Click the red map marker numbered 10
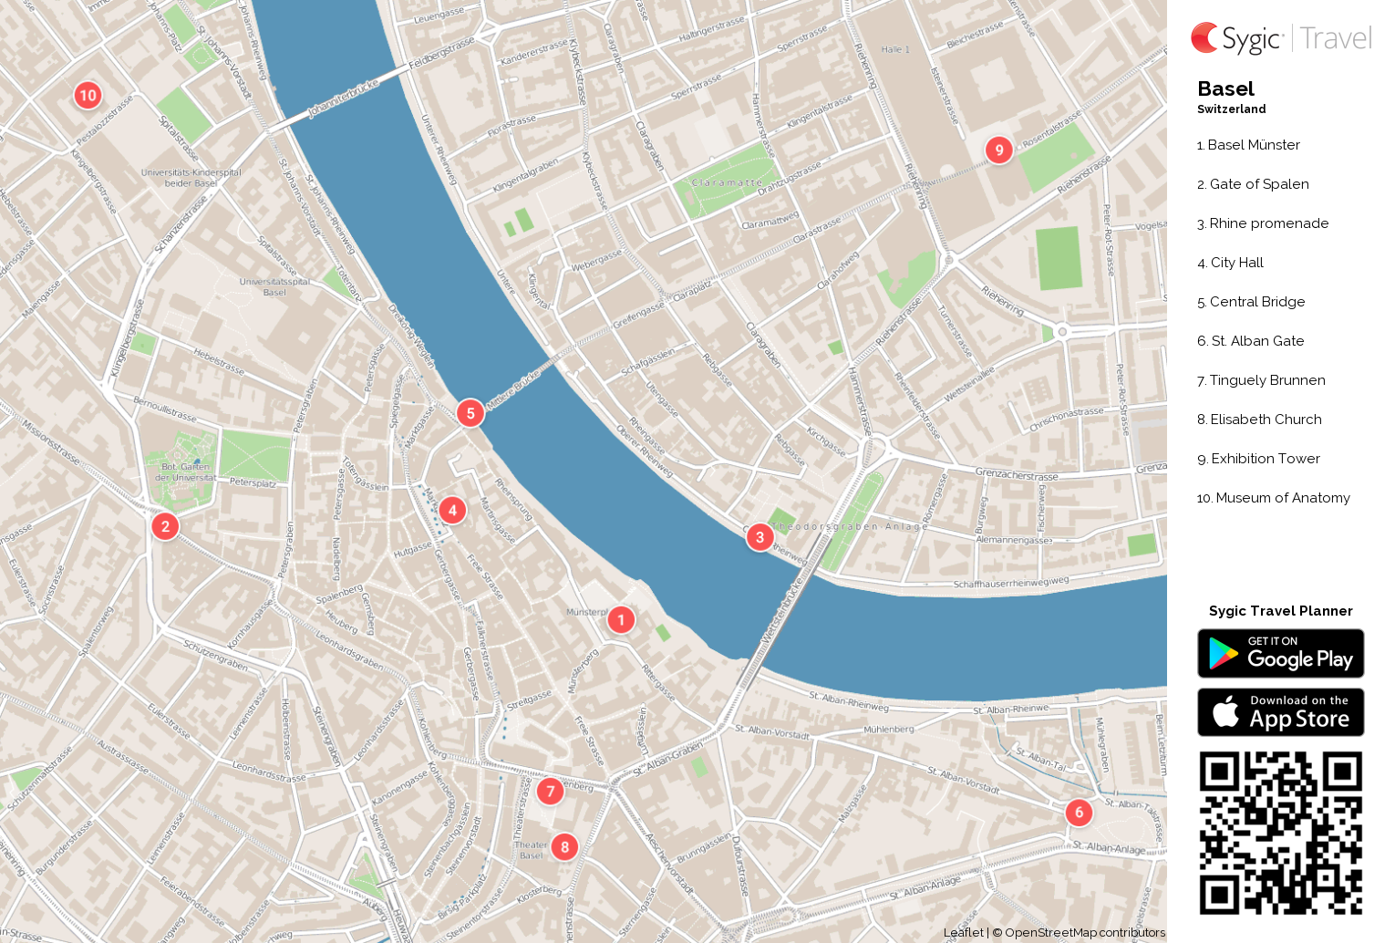(88, 95)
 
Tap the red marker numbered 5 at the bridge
(470, 413)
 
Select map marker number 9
(999, 150)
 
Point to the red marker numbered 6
(1079, 812)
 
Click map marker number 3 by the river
(759, 537)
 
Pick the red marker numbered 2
(165, 526)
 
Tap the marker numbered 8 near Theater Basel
(564, 846)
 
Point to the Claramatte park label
(727, 182)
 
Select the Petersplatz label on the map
(253, 482)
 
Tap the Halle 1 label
(895, 49)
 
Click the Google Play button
(1280, 653)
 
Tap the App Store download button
(1280, 712)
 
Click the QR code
(1280, 832)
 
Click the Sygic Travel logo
(1280, 38)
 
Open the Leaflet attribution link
(963, 932)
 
